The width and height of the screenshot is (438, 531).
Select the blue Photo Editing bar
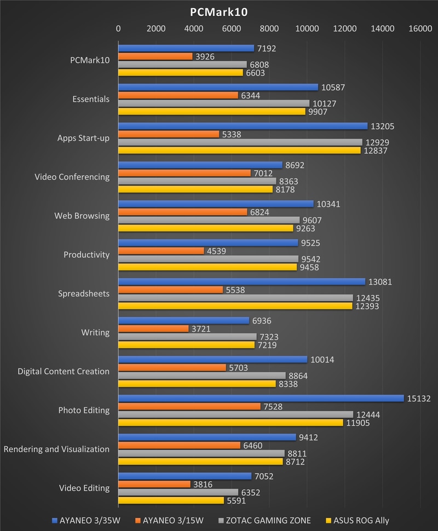click(261, 398)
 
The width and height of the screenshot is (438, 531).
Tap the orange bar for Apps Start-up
click(169, 134)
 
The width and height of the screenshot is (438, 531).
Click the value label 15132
click(418, 398)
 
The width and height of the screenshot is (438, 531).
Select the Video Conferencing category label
click(72, 177)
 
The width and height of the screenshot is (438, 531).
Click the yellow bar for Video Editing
click(171, 500)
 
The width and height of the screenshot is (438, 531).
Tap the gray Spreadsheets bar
click(235, 298)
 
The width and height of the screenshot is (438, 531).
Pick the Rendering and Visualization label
click(56, 449)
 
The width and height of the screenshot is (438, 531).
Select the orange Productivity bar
click(161, 251)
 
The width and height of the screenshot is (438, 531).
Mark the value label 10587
click(333, 87)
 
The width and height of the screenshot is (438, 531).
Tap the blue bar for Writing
click(184, 320)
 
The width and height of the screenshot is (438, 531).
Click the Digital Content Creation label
click(64, 371)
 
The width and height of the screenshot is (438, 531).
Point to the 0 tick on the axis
click(118, 29)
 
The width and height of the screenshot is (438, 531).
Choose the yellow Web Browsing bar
click(206, 228)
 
